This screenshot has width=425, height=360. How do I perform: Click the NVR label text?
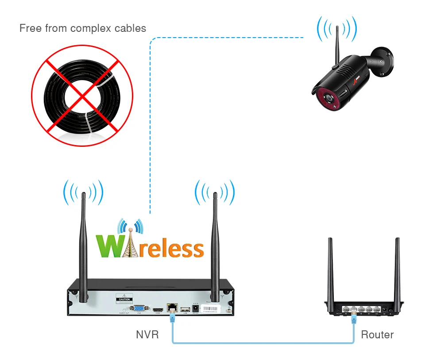click(x=147, y=335)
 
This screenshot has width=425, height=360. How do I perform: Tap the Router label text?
click(x=377, y=335)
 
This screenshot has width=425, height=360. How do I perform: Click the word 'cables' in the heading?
click(x=129, y=29)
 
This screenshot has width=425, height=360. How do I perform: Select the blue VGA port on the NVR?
click(x=139, y=309)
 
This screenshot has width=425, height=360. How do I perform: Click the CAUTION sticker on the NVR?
click(x=124, y=299)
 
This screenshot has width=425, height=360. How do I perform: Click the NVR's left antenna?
click(x=83, y=243)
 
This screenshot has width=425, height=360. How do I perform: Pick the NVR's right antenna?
click(x=215, y=243)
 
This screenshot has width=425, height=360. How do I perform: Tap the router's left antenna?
click(x=330, y=270)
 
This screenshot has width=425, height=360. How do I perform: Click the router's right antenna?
click(x=397, y=270)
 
